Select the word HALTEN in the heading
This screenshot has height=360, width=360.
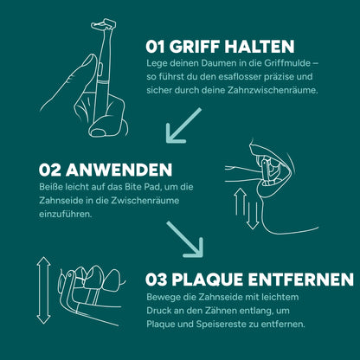pos(263,46)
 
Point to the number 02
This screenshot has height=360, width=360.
pos(49,170)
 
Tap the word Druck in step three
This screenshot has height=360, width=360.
pos(161,312)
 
